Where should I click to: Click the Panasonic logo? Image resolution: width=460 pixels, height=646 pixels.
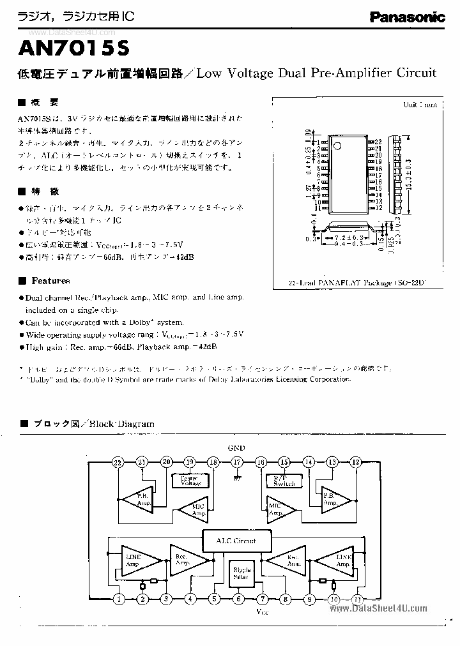click(x=407, y=18)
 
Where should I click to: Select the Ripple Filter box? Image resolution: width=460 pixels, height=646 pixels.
click(x=241, y=573)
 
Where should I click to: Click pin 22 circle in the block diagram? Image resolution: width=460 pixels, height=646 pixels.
click(x=118, y=462)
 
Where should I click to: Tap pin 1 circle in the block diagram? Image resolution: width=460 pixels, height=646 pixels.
click(x=118, y=599)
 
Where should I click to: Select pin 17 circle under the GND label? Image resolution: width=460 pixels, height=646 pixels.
click(x=237, y=462)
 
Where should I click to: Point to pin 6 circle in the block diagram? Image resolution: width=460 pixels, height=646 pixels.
click(x=238, y=599)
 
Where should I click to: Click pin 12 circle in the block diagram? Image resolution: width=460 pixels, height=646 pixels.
click(x=356, y=462)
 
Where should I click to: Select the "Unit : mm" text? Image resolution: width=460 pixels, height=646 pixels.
click(x=420, y=104)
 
